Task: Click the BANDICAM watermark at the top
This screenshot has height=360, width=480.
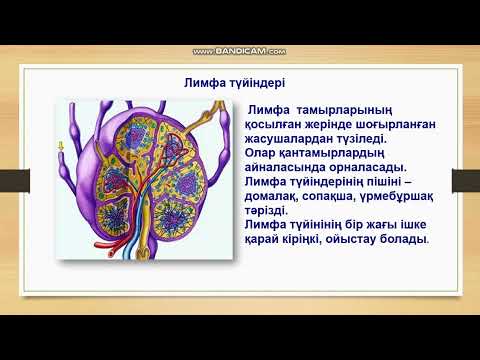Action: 239,50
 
